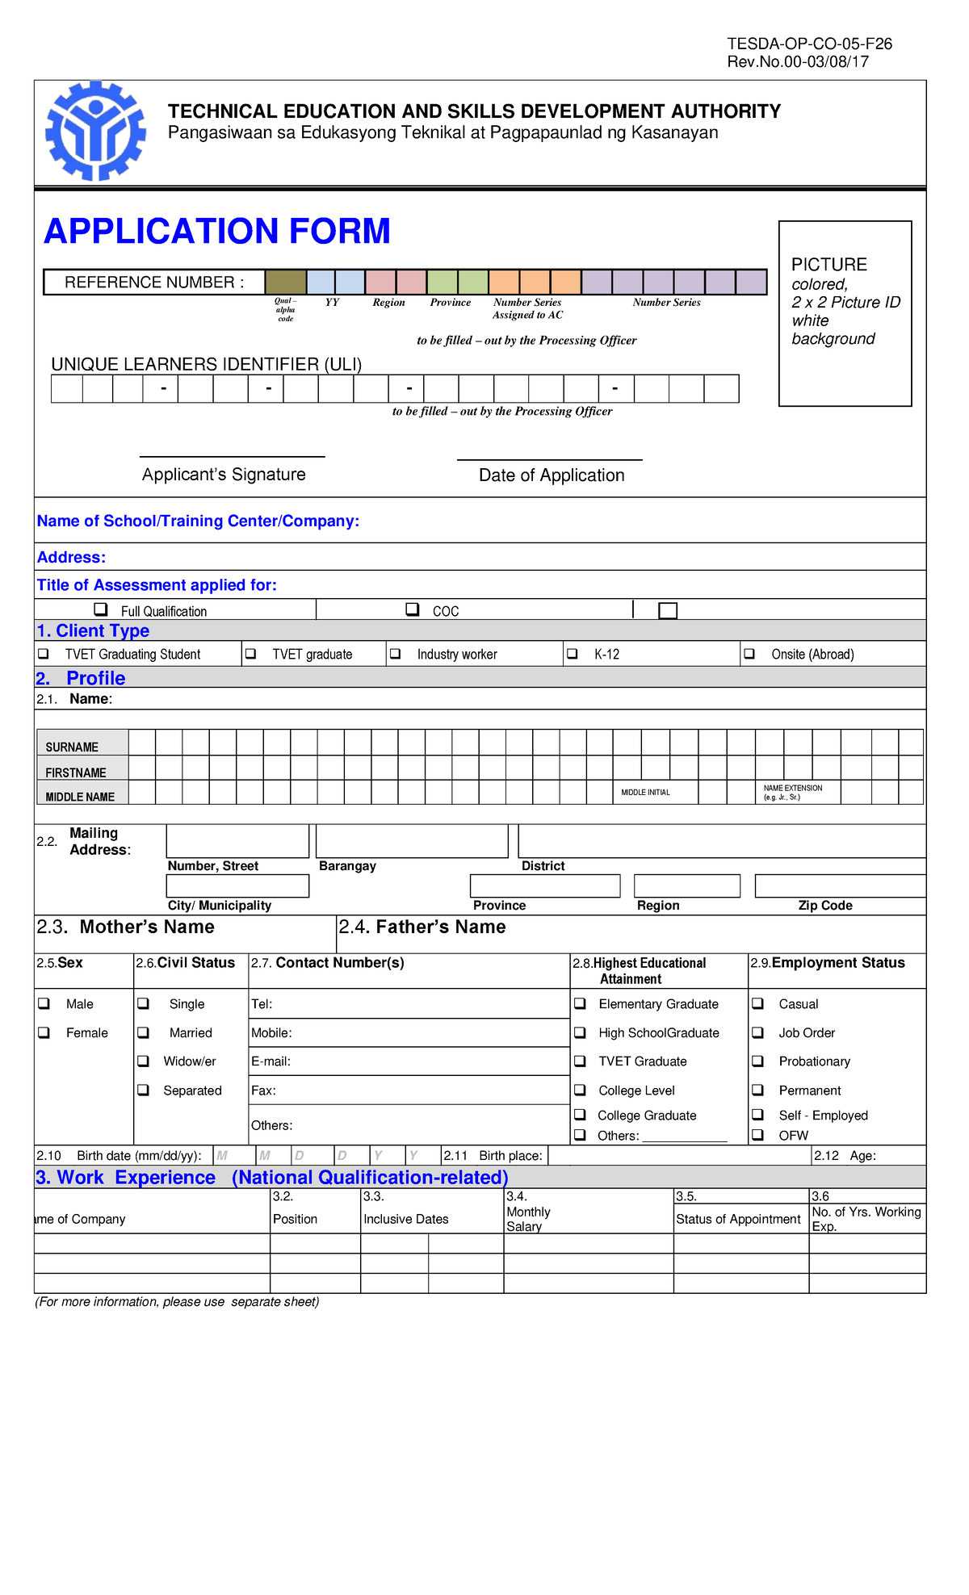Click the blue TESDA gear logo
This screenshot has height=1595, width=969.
(x=96, y=132)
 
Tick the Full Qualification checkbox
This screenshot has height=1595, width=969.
(x=101, y=609)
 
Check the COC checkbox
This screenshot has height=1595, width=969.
(x=413, y=609)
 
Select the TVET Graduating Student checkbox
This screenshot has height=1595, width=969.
(x=44, y=654)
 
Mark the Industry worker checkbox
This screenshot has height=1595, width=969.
(x=395, y=654)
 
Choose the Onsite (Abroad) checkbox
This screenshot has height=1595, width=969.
(x=749, y=654)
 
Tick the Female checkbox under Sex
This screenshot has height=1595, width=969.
(x=44, y=1032)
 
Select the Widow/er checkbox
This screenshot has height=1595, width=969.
(x=144, y=1061)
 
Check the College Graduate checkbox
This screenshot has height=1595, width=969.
(x=580, y=1115)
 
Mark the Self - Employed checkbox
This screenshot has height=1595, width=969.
(x=758, y=1115)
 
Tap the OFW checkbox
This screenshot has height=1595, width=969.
(x=758, y=1135)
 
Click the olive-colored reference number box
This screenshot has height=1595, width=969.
(x=286, y=283)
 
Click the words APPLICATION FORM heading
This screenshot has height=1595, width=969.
(x=216, y=231)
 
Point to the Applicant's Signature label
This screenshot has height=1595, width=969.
(x=224, y=475)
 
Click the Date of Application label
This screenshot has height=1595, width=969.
(x=552, y=475)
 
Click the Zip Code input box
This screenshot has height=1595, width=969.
(x=839, y=886)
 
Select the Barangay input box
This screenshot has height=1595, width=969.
(x=411, y=841)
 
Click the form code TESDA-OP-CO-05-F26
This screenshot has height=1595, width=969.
(x=809, y=44)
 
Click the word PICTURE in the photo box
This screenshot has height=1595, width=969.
(x=828, y=265)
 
